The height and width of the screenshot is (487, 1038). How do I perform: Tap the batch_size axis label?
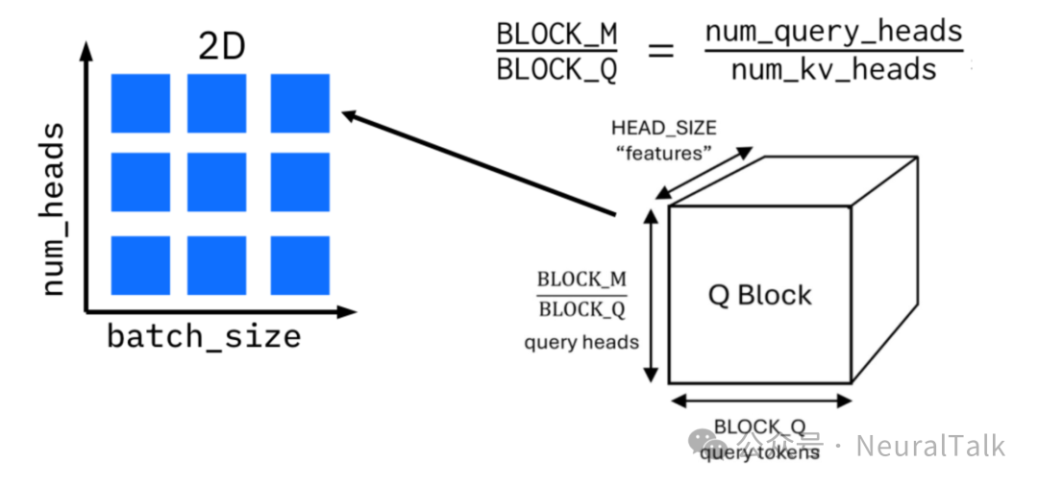[203, 337]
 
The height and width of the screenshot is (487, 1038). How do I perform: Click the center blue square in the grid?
[216, 182]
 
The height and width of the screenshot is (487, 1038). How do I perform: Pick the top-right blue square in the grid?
[300, 103]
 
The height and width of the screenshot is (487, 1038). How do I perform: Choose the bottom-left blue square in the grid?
[140, 265]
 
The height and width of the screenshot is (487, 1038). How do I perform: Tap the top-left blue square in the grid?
[140, 103]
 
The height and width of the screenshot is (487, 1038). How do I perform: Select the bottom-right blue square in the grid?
[300, 265]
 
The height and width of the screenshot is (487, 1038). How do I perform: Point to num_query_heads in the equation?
[833, 32]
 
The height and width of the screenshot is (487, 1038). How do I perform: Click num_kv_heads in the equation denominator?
[833, 70]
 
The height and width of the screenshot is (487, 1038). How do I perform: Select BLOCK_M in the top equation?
[556, 34]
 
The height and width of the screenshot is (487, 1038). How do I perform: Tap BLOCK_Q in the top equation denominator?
[556, 71]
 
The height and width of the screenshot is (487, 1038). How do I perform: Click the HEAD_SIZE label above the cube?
[663, 128]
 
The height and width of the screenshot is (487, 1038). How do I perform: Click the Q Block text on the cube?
[759, 295]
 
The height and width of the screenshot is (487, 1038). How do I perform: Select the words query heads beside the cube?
[581, 342]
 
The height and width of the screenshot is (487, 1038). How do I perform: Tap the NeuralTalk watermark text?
[929, 447]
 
